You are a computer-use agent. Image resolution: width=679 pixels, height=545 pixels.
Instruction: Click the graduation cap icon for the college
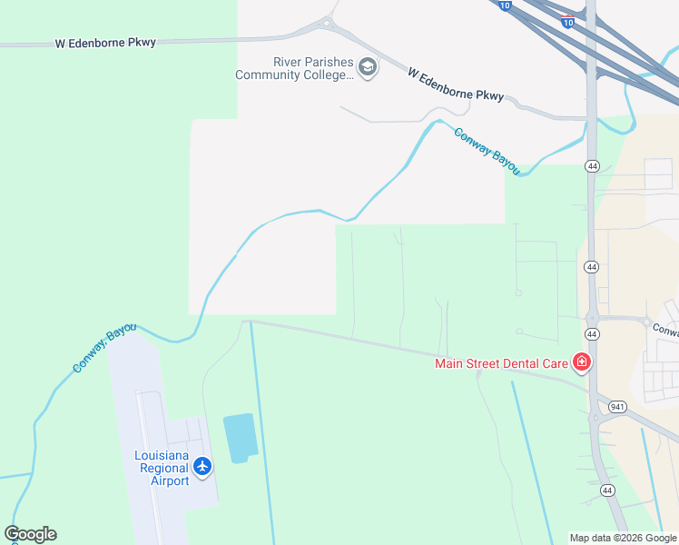tap(368, 68)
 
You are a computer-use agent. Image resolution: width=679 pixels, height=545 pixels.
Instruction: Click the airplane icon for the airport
tap(202, 467)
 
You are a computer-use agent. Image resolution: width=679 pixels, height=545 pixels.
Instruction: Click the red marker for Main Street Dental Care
tap(581, 363)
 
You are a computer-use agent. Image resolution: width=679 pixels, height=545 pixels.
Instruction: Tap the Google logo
tap(31, 534)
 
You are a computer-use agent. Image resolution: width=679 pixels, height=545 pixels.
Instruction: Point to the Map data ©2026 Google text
tap(622, 538)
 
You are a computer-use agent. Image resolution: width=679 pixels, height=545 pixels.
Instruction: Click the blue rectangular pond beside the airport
tap(241, 438)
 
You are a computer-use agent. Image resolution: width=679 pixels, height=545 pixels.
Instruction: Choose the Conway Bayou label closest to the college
tap(487, 149)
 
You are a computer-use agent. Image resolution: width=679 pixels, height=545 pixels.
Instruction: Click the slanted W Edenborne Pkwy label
tap(455, 83)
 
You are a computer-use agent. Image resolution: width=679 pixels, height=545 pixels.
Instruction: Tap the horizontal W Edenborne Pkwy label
tap(105, 43)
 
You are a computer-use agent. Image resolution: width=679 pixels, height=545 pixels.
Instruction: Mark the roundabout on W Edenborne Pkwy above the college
tap(327, 22)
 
